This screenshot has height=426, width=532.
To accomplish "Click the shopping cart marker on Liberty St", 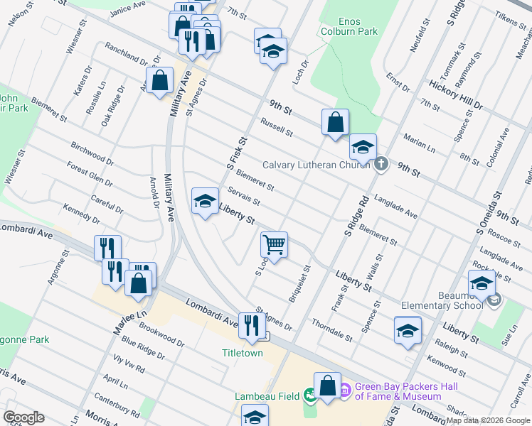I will (274, 244).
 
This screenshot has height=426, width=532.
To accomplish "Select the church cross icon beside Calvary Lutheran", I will (381, 165).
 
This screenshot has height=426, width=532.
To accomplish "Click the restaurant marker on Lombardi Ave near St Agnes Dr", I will (250, 325).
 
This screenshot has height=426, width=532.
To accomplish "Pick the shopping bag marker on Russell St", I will (335, 121).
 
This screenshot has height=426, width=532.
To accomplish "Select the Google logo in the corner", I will (23, 417).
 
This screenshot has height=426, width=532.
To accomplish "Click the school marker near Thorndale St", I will (408, 330).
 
